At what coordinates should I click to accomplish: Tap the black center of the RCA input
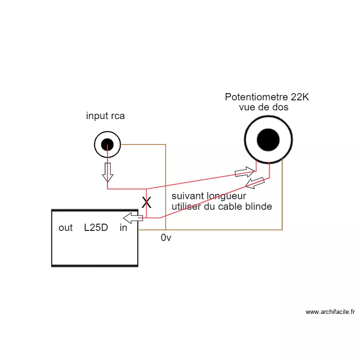pos(107,144)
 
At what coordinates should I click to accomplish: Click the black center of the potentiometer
pos(268,140)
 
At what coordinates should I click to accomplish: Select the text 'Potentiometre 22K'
pos(267,97)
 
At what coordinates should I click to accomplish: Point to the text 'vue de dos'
pos(264,107)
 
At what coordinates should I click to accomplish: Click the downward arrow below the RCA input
pos(108,172)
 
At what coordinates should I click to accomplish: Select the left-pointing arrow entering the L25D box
pos(133,218)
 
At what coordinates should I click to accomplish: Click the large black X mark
pos(146,203)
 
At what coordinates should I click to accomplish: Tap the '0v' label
pos(166,238)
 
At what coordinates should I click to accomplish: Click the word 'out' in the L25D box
pos(65,228)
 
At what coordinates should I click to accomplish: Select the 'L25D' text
pos(96,228)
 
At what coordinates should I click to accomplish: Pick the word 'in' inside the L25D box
pos(123,228)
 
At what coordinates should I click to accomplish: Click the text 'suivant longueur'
pos(209,196)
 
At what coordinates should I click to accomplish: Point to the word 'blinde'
pos(259,206)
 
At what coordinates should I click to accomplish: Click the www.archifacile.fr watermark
pos(330,312)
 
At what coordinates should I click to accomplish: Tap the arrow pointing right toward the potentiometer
pos(244,171)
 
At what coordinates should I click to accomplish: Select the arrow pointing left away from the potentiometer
pos(254,182)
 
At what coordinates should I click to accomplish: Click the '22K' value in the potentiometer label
pos(300,97)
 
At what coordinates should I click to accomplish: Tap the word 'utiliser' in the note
pos(187,206)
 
